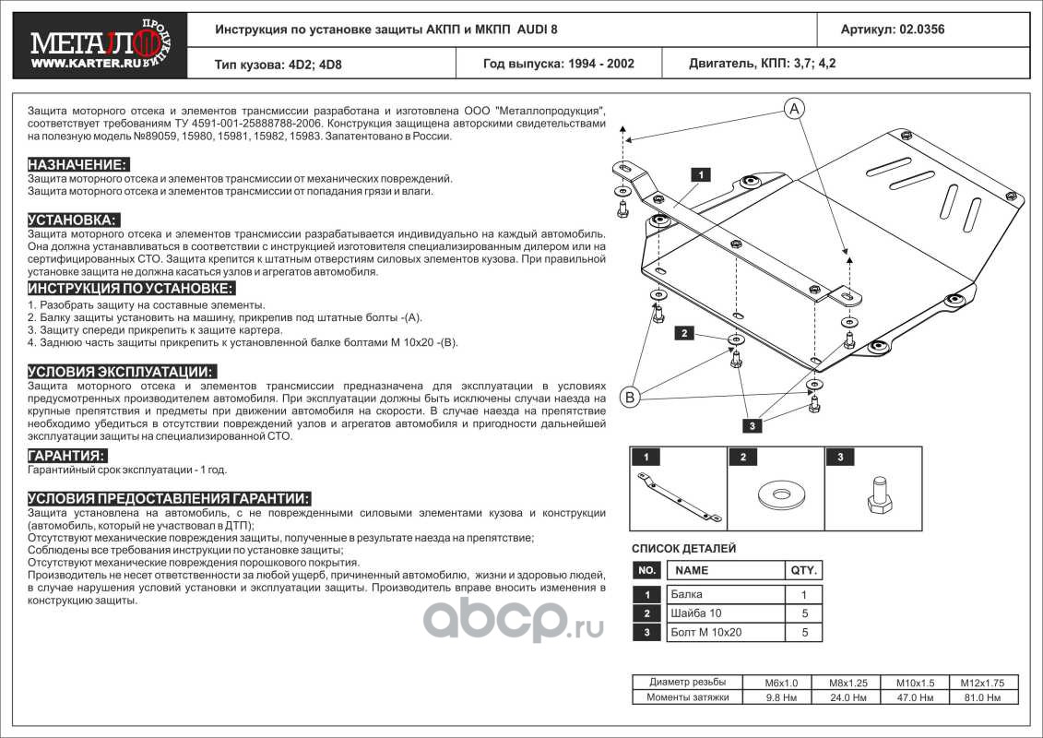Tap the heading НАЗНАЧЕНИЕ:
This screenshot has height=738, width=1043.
[x=76, y=163]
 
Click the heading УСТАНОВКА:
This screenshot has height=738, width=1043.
[x=72, y=220]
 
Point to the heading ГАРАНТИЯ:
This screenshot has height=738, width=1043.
[x=66, y=456]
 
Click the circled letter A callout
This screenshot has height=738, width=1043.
[x=794, y=110]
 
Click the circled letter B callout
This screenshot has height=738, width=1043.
[x=630, y=398]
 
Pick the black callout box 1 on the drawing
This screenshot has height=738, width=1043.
[x=700, y=173]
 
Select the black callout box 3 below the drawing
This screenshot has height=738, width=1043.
[x=753, y=425]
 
